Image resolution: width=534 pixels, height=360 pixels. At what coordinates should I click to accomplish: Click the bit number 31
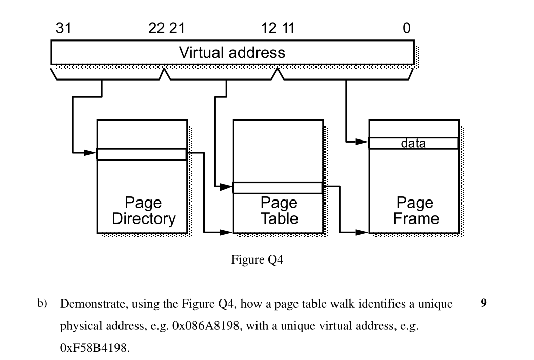coord(64,29)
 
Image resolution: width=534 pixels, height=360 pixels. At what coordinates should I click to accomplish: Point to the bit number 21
coord(177,29)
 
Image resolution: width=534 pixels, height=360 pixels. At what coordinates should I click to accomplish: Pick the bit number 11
coord(287,29)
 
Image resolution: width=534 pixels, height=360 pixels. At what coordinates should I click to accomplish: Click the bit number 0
coord(406,29)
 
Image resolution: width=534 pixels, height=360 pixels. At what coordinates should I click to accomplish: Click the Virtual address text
coord(232,52)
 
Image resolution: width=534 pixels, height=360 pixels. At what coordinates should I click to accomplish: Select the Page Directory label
coord(144,211)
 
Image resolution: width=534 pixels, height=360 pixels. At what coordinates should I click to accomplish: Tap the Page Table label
coord(279,211)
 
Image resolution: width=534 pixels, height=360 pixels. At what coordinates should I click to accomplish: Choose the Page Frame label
coord(416,211)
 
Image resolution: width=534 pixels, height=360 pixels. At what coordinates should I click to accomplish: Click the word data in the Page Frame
coord(413,144)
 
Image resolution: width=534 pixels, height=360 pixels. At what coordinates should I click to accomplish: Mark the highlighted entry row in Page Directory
coord(142,154)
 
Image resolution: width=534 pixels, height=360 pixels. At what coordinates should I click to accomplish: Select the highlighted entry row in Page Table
coord(278,188)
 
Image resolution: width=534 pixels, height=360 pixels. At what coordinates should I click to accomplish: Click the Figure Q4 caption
coord(257,260)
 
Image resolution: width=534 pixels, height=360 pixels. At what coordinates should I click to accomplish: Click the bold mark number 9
coord(483,304)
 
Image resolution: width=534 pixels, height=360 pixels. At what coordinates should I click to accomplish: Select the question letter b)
coord(42,304)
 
